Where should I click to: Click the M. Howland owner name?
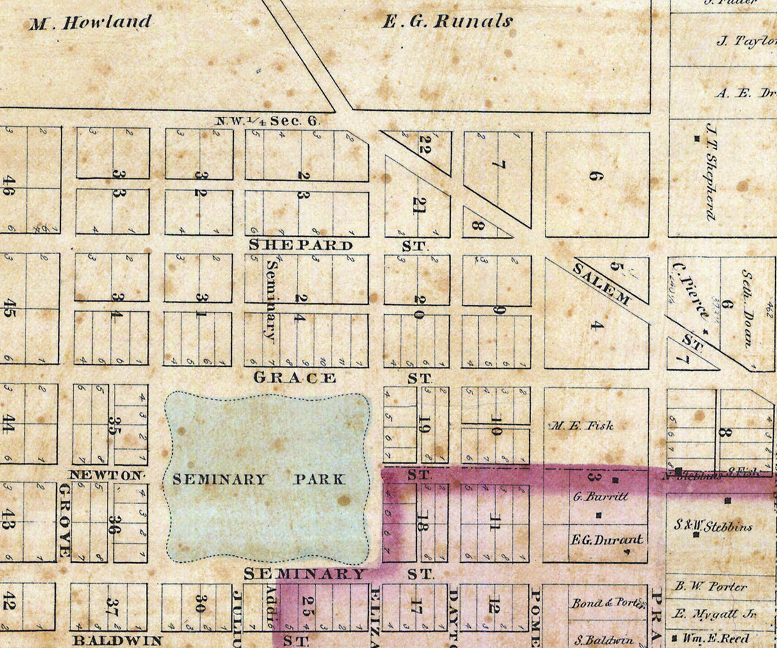90,23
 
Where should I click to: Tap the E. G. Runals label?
447,22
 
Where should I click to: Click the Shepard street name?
300,245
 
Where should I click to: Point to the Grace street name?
294,378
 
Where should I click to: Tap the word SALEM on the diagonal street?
601,283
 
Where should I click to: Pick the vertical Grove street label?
64,520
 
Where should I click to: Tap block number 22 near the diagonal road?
422,145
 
